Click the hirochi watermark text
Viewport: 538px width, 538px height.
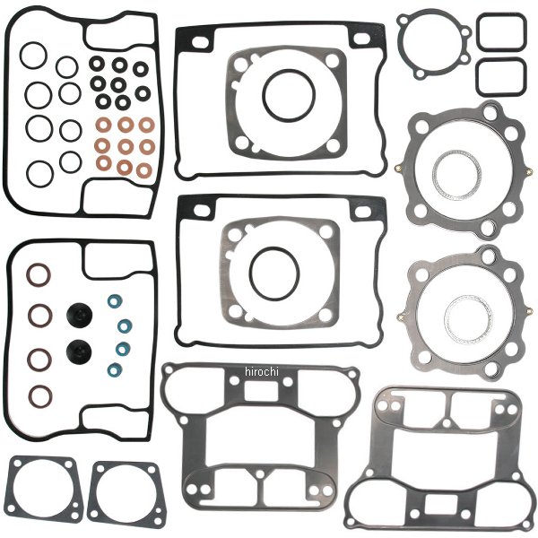[x=262, y=371]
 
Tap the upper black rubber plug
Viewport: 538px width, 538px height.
[x=79, y=315]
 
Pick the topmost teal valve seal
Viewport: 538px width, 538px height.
[x=115, y=301]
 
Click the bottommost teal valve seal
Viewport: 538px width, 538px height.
[x=115, y=369]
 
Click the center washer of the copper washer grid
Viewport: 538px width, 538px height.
[x=126, y=146]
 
